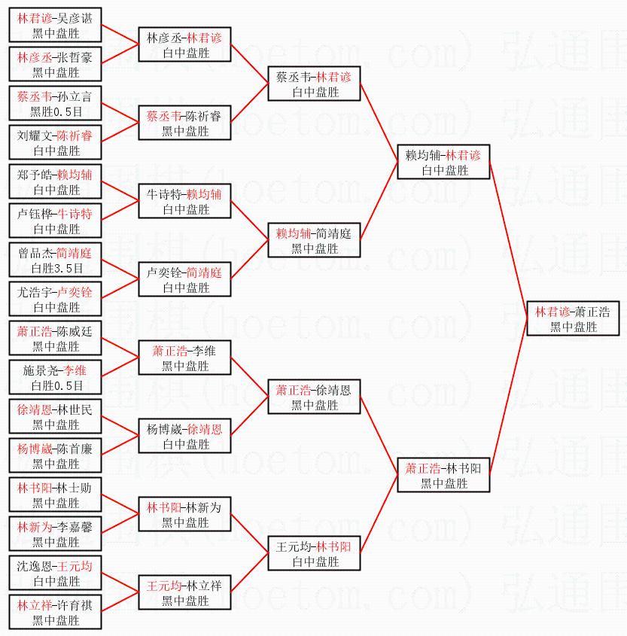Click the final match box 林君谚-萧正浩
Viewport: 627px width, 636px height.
(573, 318)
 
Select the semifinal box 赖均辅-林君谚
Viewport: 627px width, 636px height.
(443, 162)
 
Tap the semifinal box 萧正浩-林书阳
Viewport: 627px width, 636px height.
(443, 475)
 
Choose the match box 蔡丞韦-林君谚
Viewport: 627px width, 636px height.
(315, 84)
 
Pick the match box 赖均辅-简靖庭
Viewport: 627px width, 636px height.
(315, 240)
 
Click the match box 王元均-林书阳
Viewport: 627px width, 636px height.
(315, 553)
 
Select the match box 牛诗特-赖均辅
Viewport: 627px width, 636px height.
(185, 201)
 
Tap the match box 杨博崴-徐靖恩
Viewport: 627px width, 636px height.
(185, 436)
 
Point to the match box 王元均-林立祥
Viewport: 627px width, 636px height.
(185, 592)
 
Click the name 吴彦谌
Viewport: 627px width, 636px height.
(75, 18)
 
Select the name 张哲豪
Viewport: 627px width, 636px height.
(75, 58)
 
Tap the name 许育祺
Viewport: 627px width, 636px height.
(75, 606)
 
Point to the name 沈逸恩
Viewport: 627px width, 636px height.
(34, 566)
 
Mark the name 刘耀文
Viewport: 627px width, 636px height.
(34, 135)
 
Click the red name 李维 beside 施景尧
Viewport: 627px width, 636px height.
(75, 370)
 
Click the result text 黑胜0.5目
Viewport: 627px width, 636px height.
(56, 111)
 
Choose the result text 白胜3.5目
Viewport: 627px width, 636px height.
(56, 268)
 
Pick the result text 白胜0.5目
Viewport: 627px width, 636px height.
(56, 385)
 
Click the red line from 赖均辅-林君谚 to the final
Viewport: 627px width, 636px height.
(508, 240)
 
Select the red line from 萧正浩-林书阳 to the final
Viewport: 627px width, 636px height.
(508, 397)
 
